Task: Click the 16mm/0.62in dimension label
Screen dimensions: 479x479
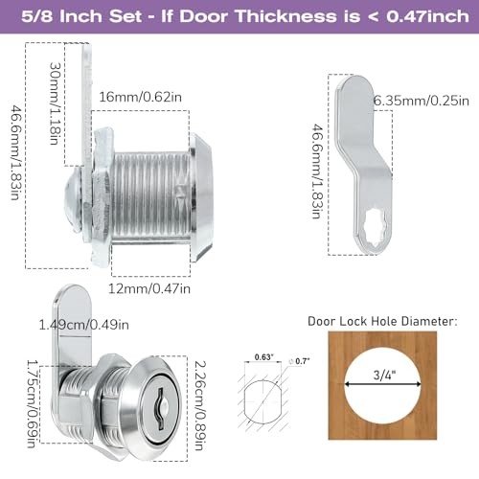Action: coord(140,97)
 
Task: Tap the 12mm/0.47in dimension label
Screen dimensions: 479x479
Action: coord(149,288)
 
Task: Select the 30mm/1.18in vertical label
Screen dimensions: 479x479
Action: coord(56,103)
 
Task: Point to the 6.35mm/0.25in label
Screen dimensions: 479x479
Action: coord(422,101)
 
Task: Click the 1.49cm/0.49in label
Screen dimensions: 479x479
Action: coord(83,325)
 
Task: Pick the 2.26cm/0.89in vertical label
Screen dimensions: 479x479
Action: coord(200,405)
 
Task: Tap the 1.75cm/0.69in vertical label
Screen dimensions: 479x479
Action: coord(33,404)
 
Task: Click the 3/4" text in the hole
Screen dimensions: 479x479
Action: coord(384,375)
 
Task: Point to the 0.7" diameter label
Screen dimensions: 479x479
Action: coord(300,361)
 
